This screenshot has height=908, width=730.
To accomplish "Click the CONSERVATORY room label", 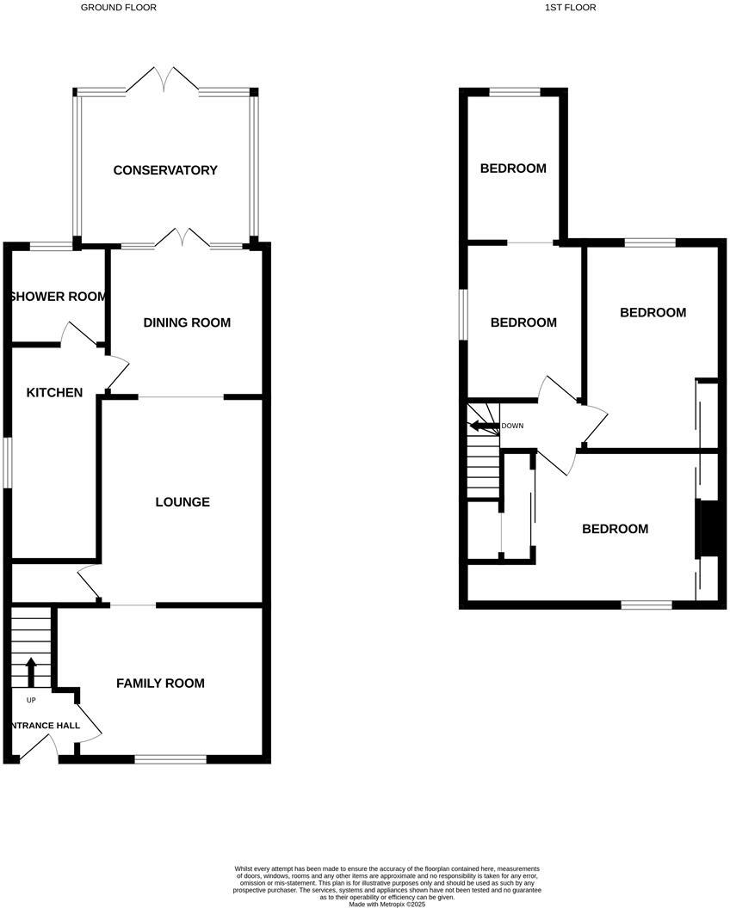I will pyautogui.click(x=165, y=170).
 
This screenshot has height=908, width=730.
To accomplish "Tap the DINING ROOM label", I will pyautogui.click(x=187, y=322).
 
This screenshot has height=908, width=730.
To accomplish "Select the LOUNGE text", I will pyautogui.click(x=182, y=502).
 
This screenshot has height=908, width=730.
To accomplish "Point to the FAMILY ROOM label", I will pyautogui.click(x=161, y=684).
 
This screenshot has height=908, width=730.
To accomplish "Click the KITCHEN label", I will pyautogui.click(x=54, y=393).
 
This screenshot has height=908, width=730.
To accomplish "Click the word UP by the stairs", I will pyautogui.click(x=31, y=699).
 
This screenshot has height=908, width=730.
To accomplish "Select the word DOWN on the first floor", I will pyautogui.click(x=512, y=426).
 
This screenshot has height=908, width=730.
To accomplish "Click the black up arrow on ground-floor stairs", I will pyautogui.click(x=32, y=672).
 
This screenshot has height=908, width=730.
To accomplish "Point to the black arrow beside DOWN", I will pyautogui.click(x=483, y=425).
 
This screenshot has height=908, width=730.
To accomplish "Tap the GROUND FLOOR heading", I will pyautogui.click(x=119, y=7).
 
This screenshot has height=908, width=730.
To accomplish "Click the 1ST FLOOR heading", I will pyautogui.click(x=570, y=7).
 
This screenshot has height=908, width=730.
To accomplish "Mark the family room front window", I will pyautogui.click(x=170, y=758).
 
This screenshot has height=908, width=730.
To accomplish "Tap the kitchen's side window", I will pyautogui.click(x=7, y=464).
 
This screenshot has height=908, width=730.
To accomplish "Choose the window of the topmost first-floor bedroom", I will pyautogui.click(x=515, y=91).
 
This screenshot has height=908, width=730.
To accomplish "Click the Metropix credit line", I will pyautogui.click(x=387, y=904).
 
